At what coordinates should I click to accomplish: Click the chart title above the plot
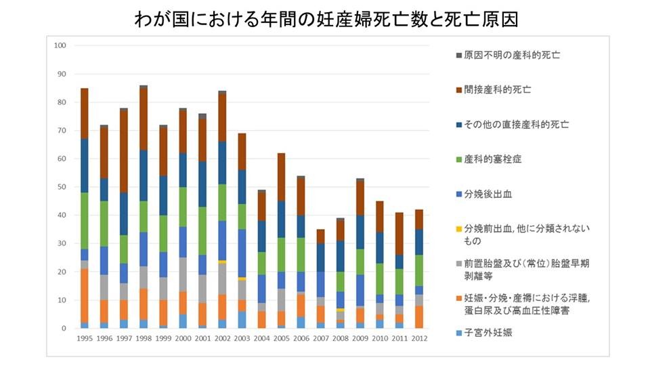point(326,20)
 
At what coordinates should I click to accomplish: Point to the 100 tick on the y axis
point(60,45)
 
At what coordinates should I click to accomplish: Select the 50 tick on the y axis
point(61,187)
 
